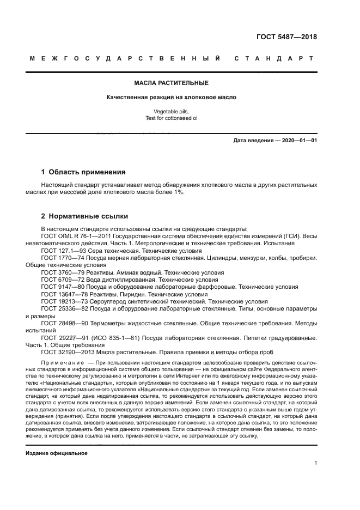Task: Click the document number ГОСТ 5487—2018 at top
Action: click(x=286, y=37)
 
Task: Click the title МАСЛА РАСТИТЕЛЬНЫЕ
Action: click(x=172, y=83)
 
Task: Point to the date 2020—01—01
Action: click(x=299, y=141)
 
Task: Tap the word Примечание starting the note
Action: click(x=62, y=363)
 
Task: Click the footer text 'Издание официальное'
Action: click(x=56, y=453)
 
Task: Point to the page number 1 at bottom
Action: click(x=316, y=463)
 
